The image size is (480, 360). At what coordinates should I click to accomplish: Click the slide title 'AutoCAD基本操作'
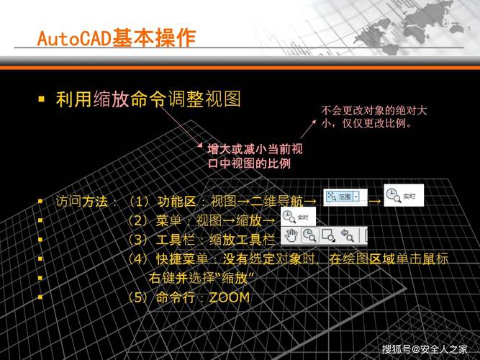(116, 37)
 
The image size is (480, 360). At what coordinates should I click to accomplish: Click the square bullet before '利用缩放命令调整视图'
(42, 97)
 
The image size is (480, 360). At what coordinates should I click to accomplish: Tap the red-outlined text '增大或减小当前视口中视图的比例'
(254, 156)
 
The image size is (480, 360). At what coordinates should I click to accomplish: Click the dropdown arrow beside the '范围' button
(356, 196)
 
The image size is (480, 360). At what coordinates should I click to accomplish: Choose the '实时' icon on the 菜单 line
(296, 217)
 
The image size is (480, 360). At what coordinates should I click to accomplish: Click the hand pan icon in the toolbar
(291, 235)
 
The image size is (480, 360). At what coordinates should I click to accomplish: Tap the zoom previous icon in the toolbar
(347, 235)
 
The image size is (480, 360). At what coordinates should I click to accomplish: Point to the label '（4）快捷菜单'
(166, 258)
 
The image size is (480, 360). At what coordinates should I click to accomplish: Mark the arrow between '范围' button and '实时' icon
(374, 201)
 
